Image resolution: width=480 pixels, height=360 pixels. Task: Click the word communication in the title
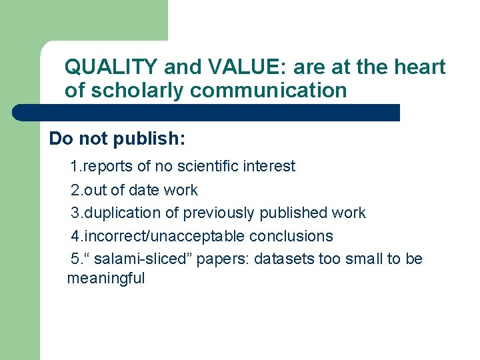click(268, 90)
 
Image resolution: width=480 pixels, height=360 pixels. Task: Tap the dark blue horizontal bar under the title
click(207, 112)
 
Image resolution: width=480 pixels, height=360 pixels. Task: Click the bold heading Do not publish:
click(117, 139)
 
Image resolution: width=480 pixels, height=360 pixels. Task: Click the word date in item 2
click(144, 190)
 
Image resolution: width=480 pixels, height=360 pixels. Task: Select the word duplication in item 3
click(122, 213)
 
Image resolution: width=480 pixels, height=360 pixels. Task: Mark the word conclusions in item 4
click(291, 236)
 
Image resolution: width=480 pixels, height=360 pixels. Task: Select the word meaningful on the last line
click(106, 278)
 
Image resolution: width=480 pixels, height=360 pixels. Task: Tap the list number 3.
click(75, 213)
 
